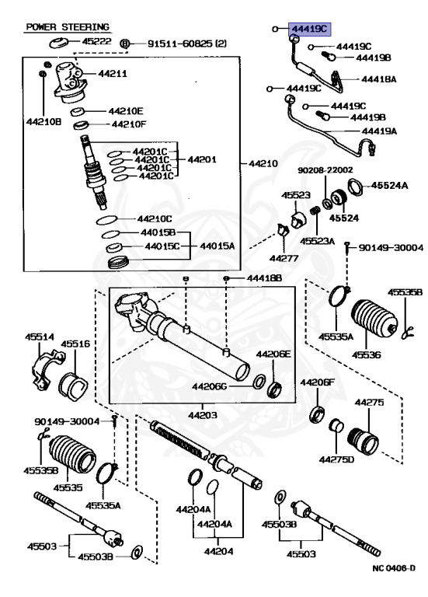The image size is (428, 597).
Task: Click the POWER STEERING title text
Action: (68, 26)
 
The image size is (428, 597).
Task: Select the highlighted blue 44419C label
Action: (309, 30)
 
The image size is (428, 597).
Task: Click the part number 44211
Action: (113, 74)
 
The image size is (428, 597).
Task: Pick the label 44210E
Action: (126, 110)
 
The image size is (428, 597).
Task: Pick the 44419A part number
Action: (378, 131)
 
